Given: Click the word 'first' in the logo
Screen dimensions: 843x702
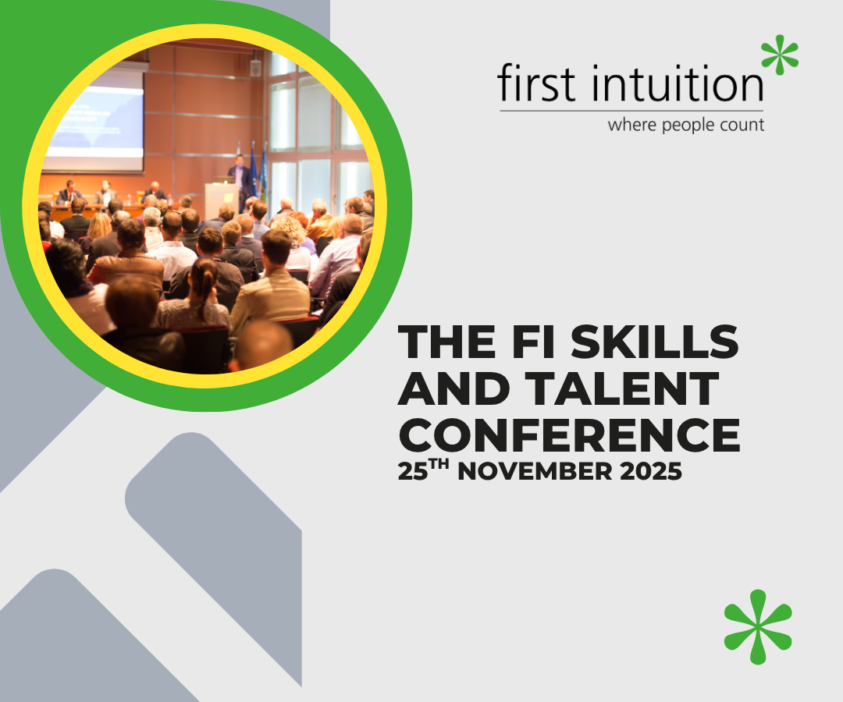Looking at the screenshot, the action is [536, 83].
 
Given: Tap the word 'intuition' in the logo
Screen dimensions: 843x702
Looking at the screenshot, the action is [678, 83].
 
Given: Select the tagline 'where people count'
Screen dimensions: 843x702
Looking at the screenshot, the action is [685, 125].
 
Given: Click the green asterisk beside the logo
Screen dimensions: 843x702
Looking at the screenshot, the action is [780, 55].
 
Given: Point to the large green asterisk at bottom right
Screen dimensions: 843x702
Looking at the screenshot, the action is [758, 626].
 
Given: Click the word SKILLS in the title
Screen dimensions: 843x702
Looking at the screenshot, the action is [654, 342].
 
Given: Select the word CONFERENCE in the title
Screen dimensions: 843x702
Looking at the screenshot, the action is [569, 434].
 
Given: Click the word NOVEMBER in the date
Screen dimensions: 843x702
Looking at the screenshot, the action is [535, 472].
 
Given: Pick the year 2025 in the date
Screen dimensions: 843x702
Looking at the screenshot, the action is [651, 472].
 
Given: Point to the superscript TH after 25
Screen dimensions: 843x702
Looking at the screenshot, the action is [439, 463].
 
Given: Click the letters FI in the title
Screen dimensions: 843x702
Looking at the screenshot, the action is [533, 342].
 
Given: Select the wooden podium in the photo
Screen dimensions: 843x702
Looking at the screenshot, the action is [221, 200].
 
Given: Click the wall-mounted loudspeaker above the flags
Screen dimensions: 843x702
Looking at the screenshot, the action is [255, 68].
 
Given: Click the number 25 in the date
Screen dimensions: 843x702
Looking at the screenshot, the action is [413, 472].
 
